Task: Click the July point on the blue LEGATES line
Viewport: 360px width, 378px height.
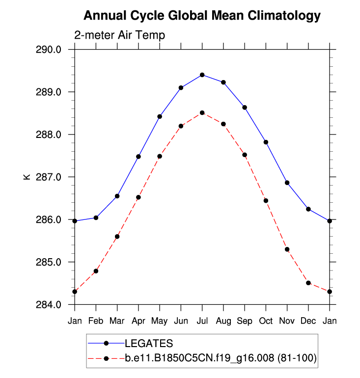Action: (202, 75)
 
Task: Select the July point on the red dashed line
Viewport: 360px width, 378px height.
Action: (202, 113)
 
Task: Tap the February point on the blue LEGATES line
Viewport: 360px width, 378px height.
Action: (96, 217)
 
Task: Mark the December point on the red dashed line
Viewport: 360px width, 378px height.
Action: (308, 283)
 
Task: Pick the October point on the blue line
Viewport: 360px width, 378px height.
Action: (266, 142)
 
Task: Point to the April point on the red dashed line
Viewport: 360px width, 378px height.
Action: (138, 197)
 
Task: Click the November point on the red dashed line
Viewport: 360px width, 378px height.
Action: (287, 249)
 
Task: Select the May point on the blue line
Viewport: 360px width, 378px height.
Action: (160, 116)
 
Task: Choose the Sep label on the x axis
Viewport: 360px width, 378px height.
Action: (245, 321)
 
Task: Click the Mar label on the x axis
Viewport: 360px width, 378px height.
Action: (117, 321)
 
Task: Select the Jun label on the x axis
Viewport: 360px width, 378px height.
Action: (181, 321)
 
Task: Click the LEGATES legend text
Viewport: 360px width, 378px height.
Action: (149, 343)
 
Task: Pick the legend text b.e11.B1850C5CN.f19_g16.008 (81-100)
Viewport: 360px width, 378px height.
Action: (221, 359)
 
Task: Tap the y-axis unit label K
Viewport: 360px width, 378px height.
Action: (27, 177)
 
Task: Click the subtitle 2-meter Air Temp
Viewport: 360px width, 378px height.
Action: (119, 35)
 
